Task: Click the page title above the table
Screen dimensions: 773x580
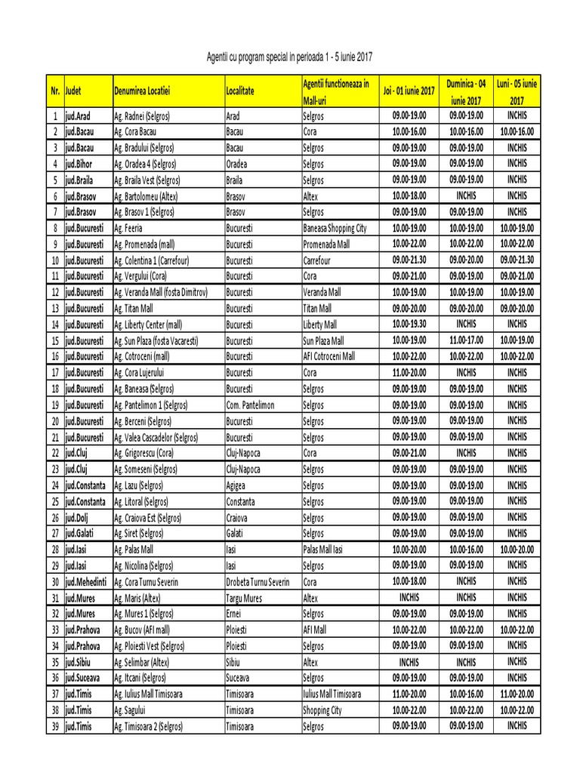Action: (x=290, y=57)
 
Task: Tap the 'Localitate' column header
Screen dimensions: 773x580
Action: (x=240, y=91)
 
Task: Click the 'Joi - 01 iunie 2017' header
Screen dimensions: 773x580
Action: (x=409, y=91)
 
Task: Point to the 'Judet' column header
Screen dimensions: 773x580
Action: (x=74, y=91)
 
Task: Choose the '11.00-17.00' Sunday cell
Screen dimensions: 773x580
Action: (x=466, y=340)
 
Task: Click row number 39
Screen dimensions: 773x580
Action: (x=54, y=726)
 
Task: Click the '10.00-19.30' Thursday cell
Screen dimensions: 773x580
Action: (x=409, y=324)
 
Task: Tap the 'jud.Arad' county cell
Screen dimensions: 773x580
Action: (x=78, y=116)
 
